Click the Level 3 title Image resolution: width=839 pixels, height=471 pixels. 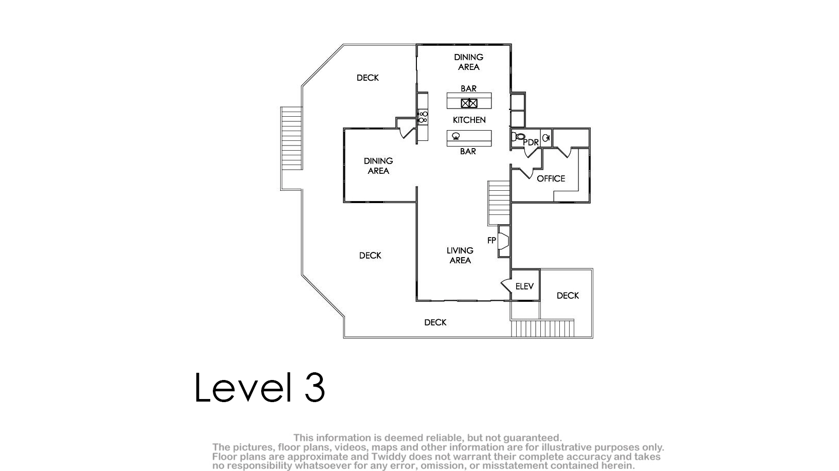tap(260, 387)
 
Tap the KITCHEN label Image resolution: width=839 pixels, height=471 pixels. tap(469, 120)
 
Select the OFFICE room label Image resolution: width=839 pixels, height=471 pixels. tap(551, 178)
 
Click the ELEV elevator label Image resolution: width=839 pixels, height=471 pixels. tap(524, 286)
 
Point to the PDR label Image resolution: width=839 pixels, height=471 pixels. tap(531, 142)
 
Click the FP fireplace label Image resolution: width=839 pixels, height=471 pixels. tap(491, 240)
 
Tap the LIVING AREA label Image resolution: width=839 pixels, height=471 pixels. tap(460, 255)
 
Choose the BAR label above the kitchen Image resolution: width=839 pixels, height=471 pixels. tap(468, 88)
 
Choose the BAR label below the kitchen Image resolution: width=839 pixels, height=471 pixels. tap(468, 151)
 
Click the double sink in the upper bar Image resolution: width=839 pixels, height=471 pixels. tap(469, 103)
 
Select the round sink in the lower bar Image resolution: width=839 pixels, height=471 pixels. tap(456, 136)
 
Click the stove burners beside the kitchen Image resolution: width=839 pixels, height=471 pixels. tap(423, 117)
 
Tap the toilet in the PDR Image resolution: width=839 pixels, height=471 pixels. tap(518, 137)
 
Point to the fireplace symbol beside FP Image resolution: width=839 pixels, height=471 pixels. tap(504, 242)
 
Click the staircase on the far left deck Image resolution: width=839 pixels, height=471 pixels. tap(291, 138)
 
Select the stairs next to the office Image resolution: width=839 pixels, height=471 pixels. tap(499, 203)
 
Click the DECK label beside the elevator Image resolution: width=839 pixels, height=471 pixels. tap(568, 296)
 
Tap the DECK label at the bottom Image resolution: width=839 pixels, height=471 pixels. tap(435, 322)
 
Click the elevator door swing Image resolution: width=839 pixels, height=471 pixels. tap(506, 286)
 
